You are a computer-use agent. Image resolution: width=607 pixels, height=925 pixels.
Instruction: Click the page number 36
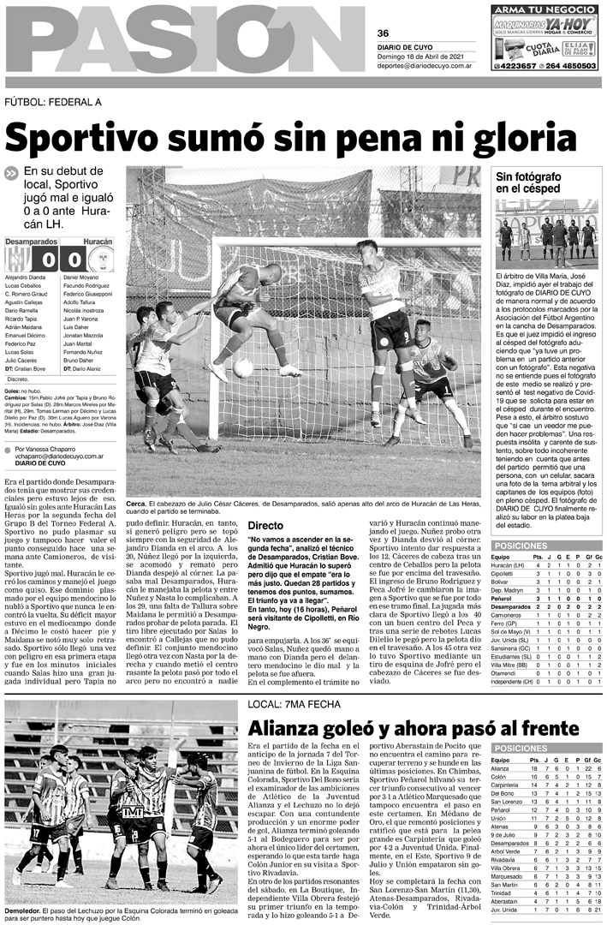point(384,33)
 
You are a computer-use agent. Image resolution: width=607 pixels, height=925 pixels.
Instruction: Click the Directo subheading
point(265,524)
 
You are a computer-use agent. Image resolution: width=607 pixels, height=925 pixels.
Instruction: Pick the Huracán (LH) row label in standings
point(508,565)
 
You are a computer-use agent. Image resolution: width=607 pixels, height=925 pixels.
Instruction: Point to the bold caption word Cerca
point(140,504)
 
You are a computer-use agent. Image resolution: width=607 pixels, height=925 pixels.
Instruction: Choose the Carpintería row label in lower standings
point(509,785)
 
